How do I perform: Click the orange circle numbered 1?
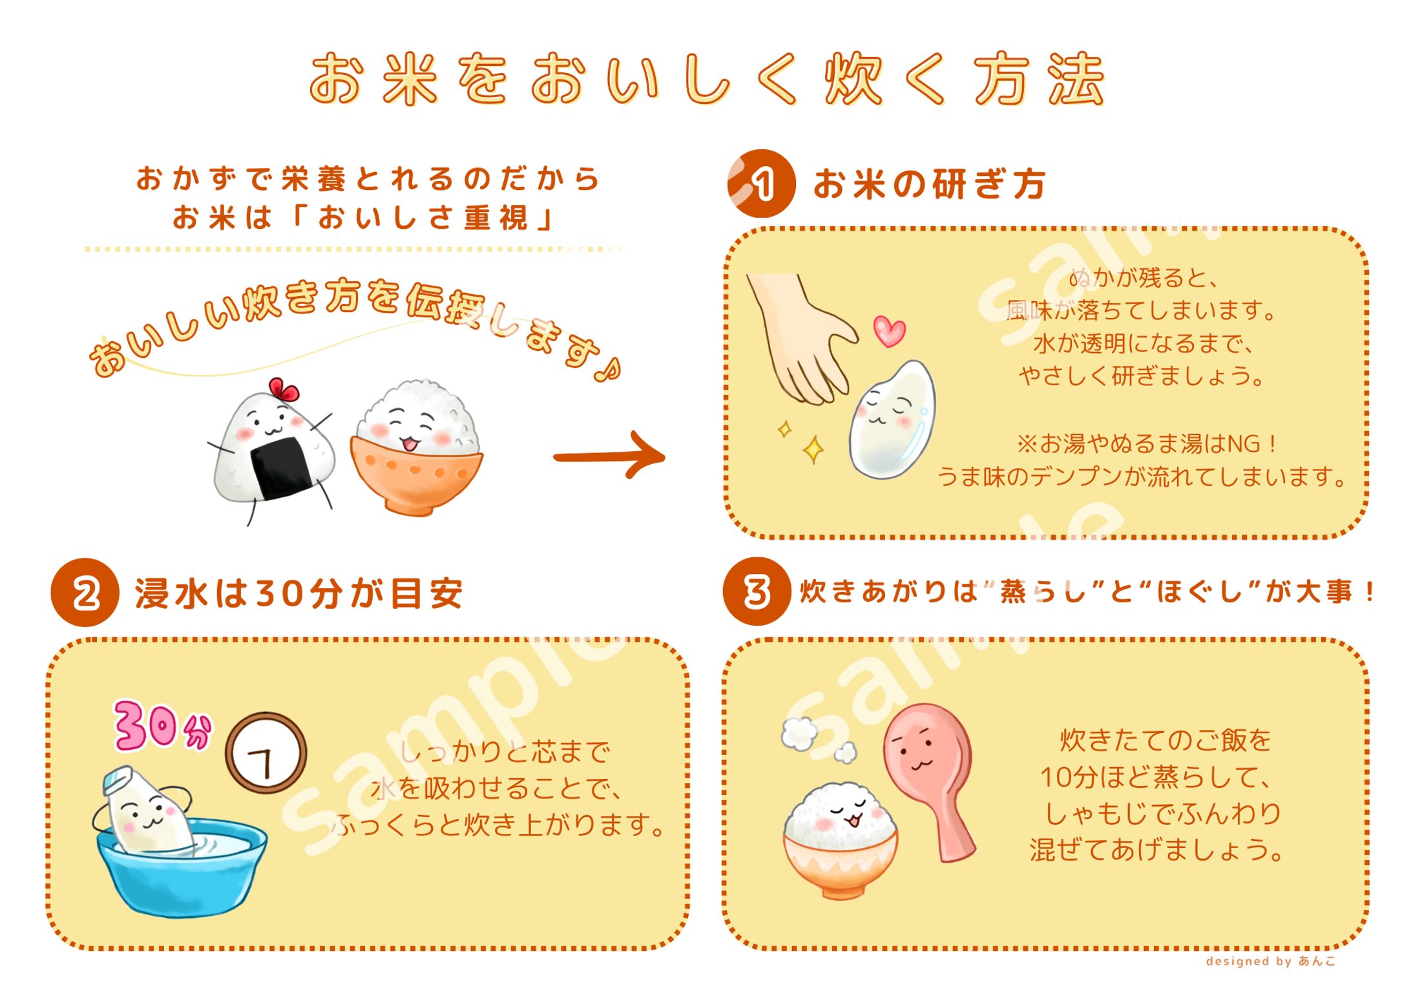click(x=761, y=184)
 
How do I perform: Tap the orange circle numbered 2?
click(x=85, y=593)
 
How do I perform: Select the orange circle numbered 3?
click(x=757, y=591)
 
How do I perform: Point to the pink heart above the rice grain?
click(x=889, y=331)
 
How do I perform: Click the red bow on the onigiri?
click(x=284, y=390)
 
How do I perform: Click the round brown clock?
click(x=266, y=753)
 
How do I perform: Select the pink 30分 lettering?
click(x=162, y=727)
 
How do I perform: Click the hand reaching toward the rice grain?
click(x=801, y=336)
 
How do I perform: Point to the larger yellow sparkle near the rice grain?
click(x=813, y=449)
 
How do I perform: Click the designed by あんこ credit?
click(x=1270, y=961)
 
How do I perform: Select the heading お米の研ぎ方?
click(x=929, y=184)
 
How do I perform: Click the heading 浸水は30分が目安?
click(x=298, y=593)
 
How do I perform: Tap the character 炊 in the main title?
click(x=853, y=79)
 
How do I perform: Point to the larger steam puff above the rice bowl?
click(x=799, y=733)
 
